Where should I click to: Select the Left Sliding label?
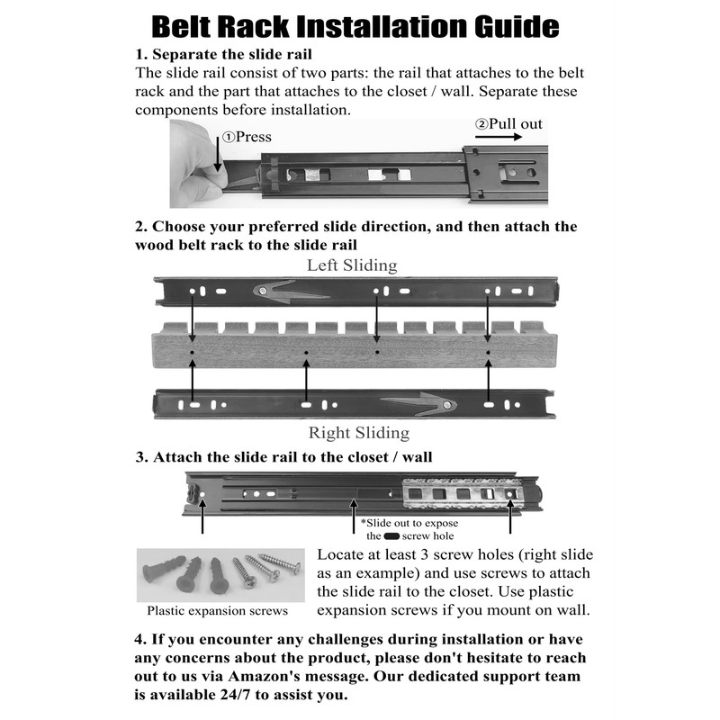point(352,265)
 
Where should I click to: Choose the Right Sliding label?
point(358,433)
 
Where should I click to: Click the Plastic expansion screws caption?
point(219,611)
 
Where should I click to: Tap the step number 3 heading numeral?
point(140,457)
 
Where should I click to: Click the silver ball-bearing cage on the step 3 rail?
point(459,493)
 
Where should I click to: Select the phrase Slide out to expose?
point(409,523)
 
